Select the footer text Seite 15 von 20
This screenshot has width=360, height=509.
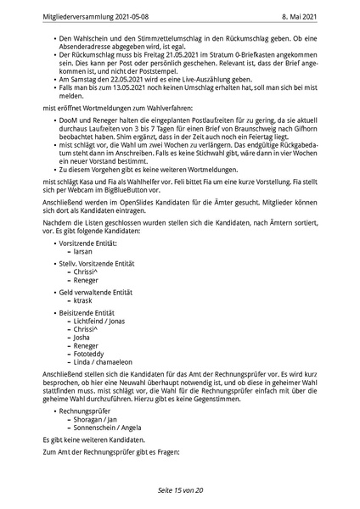tap(180, 490)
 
